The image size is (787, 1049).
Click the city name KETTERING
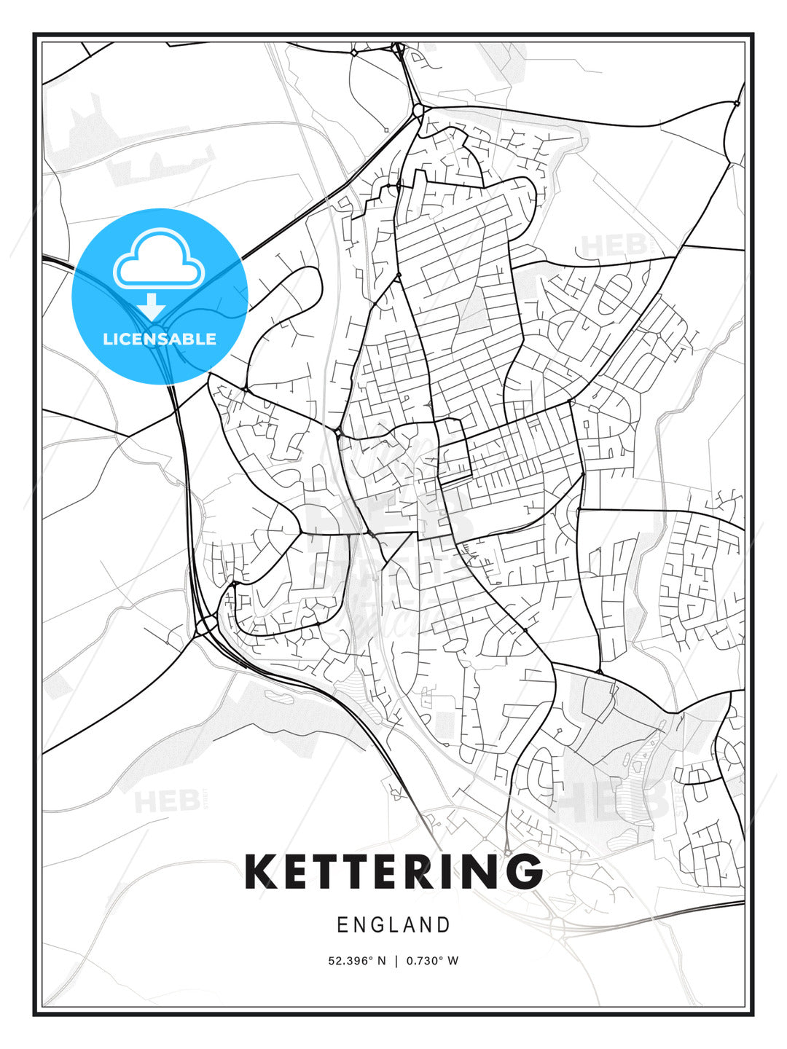tap(393, 871)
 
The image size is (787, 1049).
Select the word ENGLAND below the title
tap(393, 925)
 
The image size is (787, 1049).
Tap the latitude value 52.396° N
tap(356, 961)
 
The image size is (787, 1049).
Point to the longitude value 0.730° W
tap(432, 961)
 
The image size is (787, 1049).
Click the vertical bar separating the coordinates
tap(396, 961)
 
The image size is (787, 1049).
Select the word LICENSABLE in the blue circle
tap(160, 339)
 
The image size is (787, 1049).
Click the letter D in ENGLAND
tap(444, 925)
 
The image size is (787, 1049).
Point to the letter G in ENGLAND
tap(377, 925)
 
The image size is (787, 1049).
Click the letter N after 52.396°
tap(381, 961)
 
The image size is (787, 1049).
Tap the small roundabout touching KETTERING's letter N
tap(506, 853)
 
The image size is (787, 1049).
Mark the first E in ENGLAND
tap(342, 925)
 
